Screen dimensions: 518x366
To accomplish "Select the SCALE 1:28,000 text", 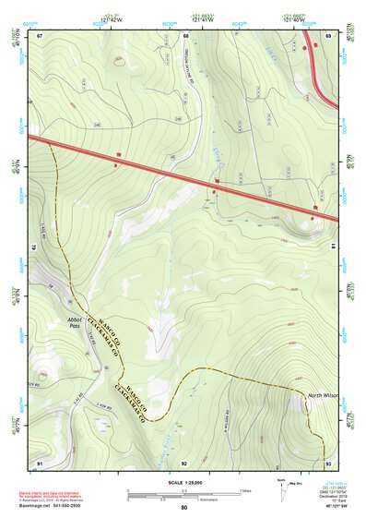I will click(184, 482).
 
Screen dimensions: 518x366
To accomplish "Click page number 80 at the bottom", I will click(184, 508).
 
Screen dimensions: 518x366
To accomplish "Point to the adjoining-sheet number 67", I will click(40, 36).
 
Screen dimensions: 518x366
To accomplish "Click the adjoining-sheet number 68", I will click(185, 36).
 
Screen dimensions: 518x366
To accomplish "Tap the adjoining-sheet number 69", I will click(328, 36).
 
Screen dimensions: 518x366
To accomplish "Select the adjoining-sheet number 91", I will click(40, 462).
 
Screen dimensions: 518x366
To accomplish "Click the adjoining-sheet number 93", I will click(328, 462).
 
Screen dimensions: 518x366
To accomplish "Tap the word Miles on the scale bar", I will click(245, 489).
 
